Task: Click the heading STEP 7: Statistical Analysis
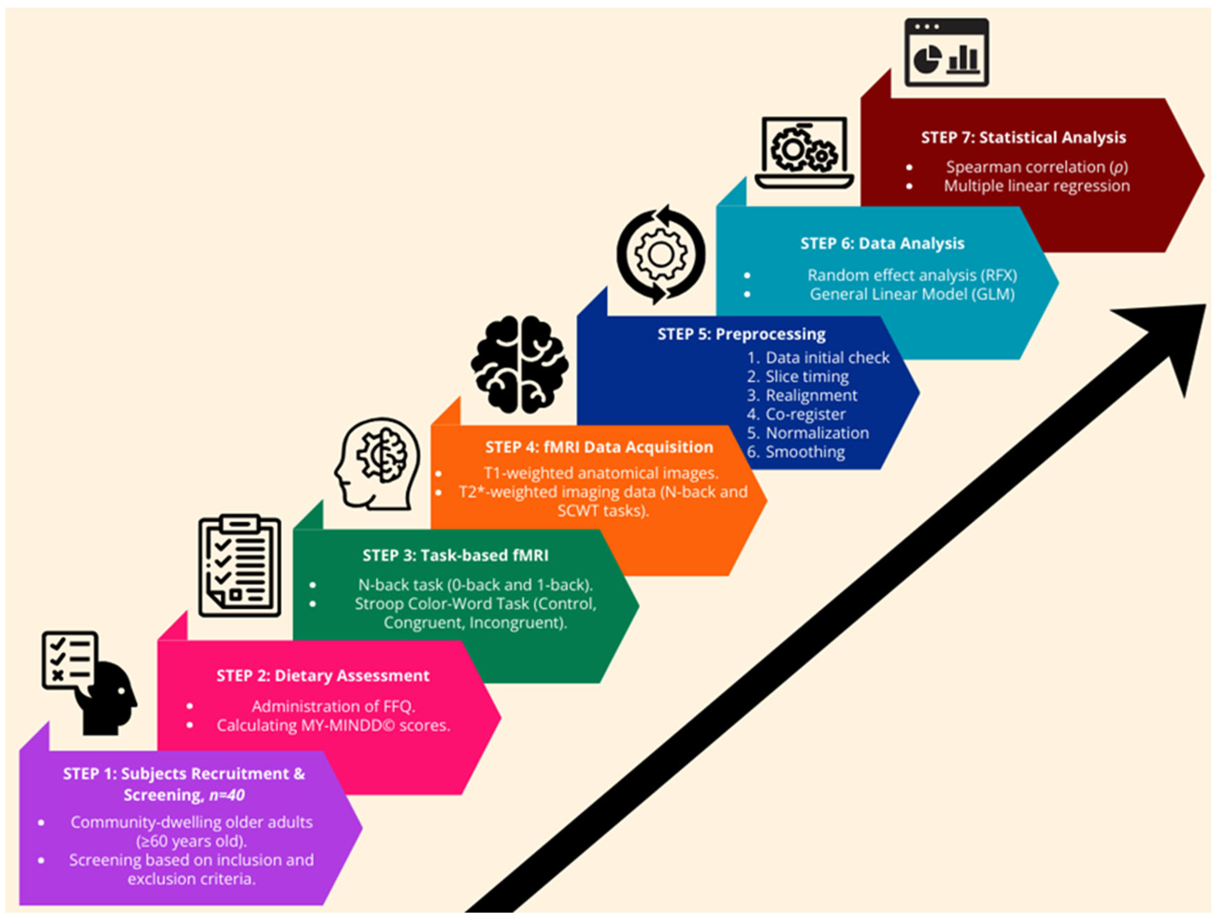tap(1024, 137)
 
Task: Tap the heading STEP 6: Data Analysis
tap(882, 244)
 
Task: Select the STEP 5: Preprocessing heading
tap(741, 334)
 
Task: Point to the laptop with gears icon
tap(804, 152)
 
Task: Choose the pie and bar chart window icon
tap(946, 52)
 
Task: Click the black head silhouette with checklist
tap(89, 682)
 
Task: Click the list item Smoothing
tap(796, 452)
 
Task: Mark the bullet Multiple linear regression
tap(1037, 186)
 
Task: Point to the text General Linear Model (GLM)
tap(912, 294)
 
